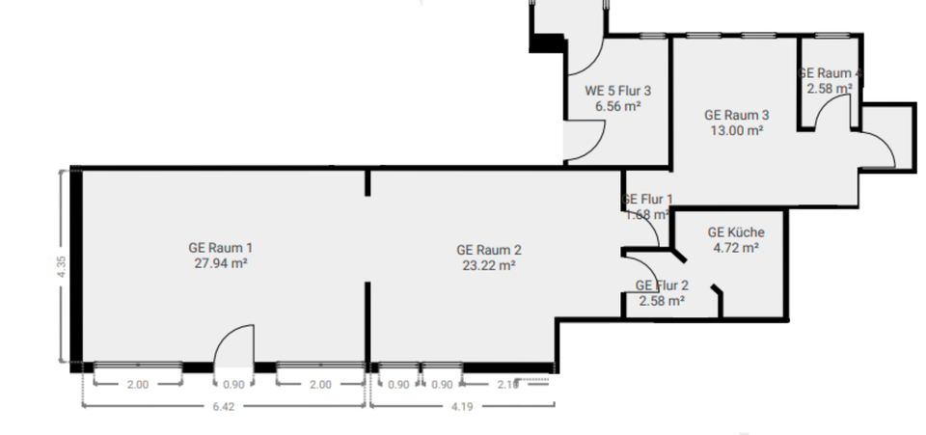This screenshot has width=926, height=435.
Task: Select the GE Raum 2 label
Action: pos(489,250)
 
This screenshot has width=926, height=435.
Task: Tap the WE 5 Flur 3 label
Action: pos(618,92)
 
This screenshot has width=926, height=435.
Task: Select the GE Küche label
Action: pos(736,232)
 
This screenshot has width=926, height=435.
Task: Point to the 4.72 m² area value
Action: pos(736,247)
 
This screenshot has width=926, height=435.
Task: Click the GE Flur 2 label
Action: pos(662,285)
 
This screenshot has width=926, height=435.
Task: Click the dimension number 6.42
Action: pos(224,406)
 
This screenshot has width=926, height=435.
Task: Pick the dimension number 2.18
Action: pos(508,385)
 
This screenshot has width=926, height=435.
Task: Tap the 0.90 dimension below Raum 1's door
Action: pos(232,385)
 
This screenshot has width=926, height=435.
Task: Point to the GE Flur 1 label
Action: pos(648,200)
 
